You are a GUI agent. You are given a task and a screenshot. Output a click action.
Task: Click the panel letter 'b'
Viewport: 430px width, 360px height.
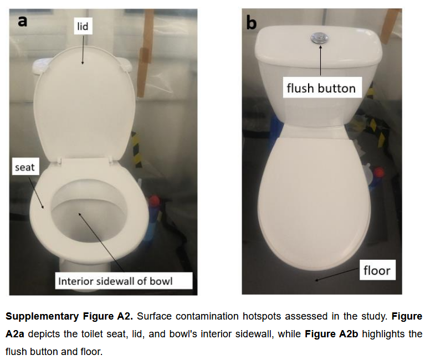coord(252,23)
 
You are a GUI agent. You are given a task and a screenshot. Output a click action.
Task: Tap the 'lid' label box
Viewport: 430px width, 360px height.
coord(83,26)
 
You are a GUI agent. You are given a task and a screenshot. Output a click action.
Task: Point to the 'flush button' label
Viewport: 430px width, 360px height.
coord(321,88)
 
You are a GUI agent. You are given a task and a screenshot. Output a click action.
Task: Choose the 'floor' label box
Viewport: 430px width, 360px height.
coord(377,270)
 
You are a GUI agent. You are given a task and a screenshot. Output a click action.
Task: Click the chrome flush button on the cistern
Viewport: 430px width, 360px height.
coord(320,37)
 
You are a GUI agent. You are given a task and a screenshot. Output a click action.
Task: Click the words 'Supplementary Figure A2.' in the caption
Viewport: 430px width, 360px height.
coord(69,316)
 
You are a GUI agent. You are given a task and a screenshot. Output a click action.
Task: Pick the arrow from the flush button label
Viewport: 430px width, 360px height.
coord(320,61)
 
